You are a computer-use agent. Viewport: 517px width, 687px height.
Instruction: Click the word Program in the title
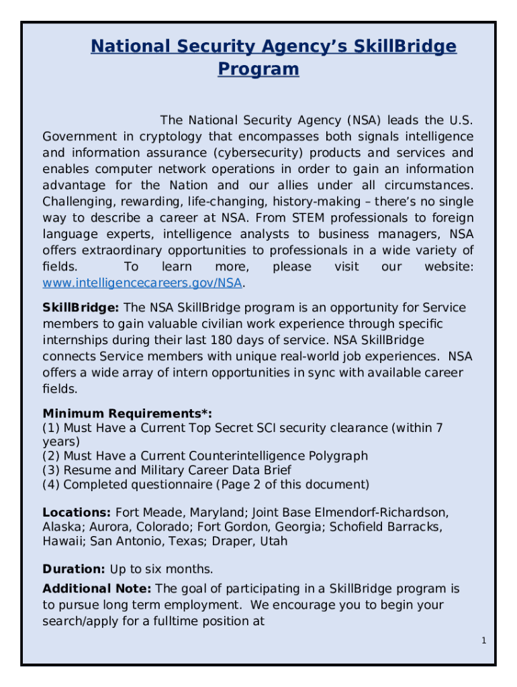(x=258, y=69)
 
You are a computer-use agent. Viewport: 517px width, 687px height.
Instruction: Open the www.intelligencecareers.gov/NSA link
(x=142, y=282)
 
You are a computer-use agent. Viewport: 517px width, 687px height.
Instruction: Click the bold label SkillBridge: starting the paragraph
(x=81, y=307)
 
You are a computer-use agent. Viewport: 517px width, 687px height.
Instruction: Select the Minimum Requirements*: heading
(x=132, y=413)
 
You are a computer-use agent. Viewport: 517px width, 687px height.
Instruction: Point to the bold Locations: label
(x=77, y=513)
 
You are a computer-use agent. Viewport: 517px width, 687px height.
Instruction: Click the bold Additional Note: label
(x=97, y=589)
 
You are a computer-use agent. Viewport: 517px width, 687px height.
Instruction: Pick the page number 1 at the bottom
(x=483, y=641)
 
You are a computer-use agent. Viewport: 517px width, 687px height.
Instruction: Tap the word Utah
(x=273, y=541)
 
